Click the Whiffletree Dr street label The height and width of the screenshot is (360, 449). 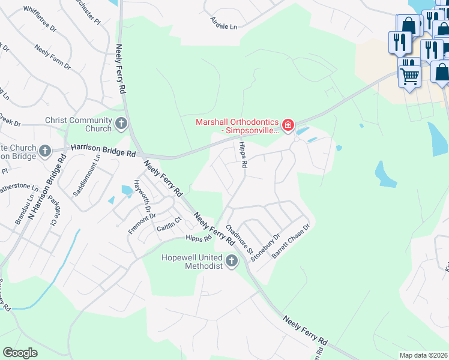click(x=40, y=19)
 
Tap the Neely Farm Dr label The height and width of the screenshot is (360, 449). click(x=53, y=56)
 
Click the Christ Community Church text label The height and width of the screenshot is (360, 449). click(x=79, y=124)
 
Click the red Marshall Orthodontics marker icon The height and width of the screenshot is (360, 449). click(x=288, y=125)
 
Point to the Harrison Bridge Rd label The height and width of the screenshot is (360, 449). click(x=103, y=150)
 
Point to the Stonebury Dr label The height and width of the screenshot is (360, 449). click(x=267, y=247)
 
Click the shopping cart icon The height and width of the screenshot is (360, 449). click(x=409, y=75)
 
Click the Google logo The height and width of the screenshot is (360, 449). click(x=20, y=353)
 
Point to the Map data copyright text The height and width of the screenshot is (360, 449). click(x=424, y=355)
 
